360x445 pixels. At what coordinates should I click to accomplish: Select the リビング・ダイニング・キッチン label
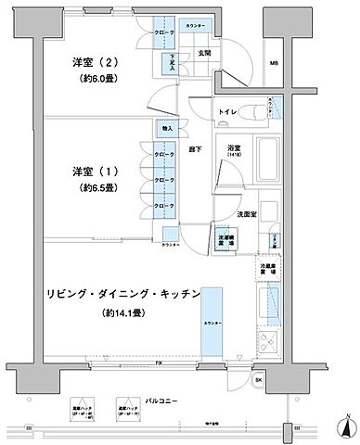[x=122, y=293]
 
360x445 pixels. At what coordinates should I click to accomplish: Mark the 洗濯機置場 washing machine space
[x=225, y=240]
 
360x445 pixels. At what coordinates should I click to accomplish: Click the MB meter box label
[x=300, y=63]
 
